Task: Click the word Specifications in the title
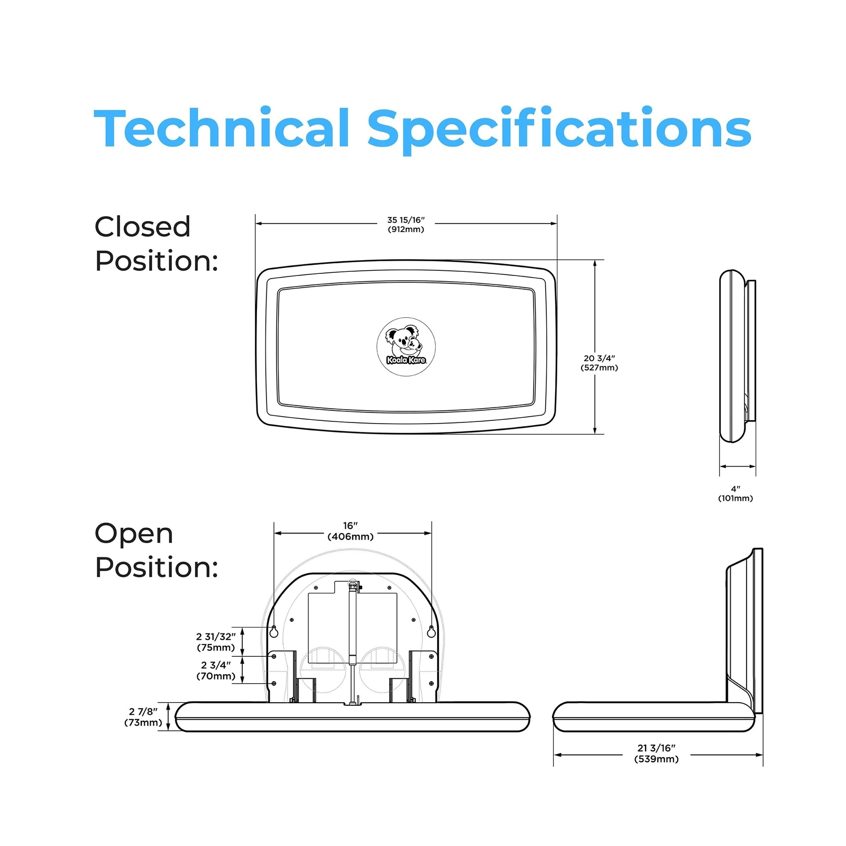pos(559,130)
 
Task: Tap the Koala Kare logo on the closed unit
pos(406,347)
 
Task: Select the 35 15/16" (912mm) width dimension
pos(406,224)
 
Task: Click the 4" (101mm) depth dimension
pos(735,493)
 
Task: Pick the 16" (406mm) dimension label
pos(351,531)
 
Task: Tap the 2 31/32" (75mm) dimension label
pos(216,642)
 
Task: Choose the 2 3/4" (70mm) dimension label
pos(216,670)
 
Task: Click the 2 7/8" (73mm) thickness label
pos(143,717)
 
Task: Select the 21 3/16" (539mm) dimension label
pos(656,753)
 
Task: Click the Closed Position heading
pos(157,244)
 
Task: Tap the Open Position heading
pos(157,550)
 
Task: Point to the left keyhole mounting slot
pos(274,631)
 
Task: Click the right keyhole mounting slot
pos(431,631)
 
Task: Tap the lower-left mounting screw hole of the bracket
pos(274,684)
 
